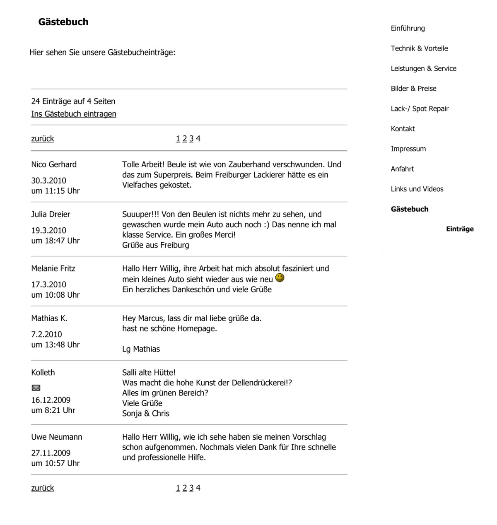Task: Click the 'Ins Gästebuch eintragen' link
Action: (x=74, y=114)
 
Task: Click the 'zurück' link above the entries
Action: (x=43, y=139)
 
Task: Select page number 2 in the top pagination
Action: (x=185, y=139)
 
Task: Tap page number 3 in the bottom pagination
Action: (x=191, y=488)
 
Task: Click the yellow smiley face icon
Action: (x=280, y=278)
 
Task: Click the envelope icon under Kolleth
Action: (x=36, y=388)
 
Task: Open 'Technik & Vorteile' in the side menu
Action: (x=419, y=48)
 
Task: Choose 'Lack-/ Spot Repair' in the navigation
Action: (x=420, y=109)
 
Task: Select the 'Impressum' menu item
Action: (x=408, y=149)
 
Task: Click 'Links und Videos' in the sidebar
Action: (x=417, y=189)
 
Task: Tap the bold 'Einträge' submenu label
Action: (x=460, y=229)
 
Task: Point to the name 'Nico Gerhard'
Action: (x=54, y=164)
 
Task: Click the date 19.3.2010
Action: (x=49, y=231)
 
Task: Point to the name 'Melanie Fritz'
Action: (x=53, y=268)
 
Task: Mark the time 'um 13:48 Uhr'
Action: (x=55, y=344)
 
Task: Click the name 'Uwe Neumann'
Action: (x=57, y=437)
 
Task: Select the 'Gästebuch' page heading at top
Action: (x=63, y=22)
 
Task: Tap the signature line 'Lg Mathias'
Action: (x=141, y=349)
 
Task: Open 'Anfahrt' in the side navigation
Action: (x=402, y=169)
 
